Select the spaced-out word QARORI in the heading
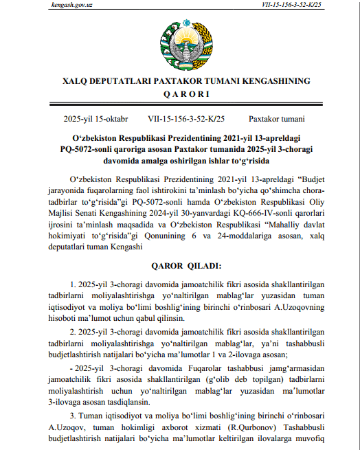click(179, 93)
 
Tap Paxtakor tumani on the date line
click(273, 118)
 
